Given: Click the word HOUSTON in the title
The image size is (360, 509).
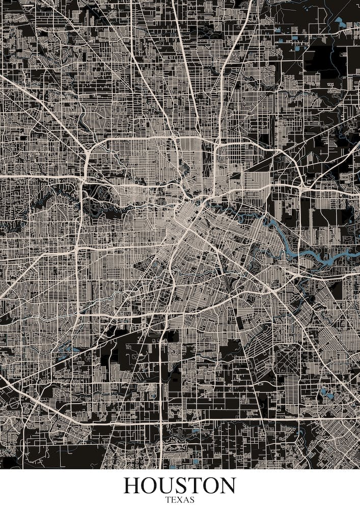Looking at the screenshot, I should pyautogui.click(x=180, y=486).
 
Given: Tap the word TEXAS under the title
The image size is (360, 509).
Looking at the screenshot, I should pyautogui.click(x=180, y=500).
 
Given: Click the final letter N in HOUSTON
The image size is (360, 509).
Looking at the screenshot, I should pyautogui.click(x=227, y=486).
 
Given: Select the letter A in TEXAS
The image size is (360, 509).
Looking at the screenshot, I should pyautogui.click(x=186, y=500).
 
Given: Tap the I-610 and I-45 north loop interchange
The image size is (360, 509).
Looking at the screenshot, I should pyautogui.click(x=217, y=145).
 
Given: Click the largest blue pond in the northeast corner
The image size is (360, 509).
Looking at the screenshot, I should pyautogui.click(x=340, y=22).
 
